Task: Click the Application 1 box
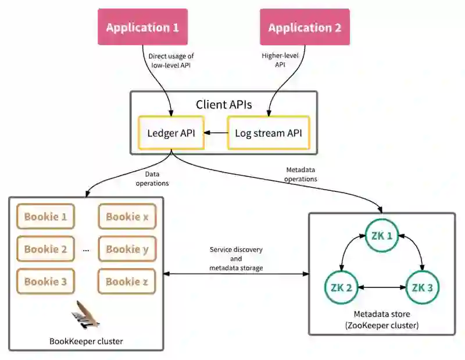142,27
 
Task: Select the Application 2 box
305,27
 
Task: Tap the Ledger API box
171,133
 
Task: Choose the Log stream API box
269,133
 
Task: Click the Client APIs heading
224,105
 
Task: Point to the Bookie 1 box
45,216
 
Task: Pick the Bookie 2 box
45,249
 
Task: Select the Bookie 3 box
45,281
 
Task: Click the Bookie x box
127,216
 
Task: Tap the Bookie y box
127,249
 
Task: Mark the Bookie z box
127,281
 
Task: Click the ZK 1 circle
382,236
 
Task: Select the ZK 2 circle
341,287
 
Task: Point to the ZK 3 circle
423,287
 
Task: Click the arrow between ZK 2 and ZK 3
382,287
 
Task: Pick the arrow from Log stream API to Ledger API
216,133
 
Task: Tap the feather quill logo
85,315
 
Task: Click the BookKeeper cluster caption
86,341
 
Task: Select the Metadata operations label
301,174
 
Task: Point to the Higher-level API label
280,60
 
